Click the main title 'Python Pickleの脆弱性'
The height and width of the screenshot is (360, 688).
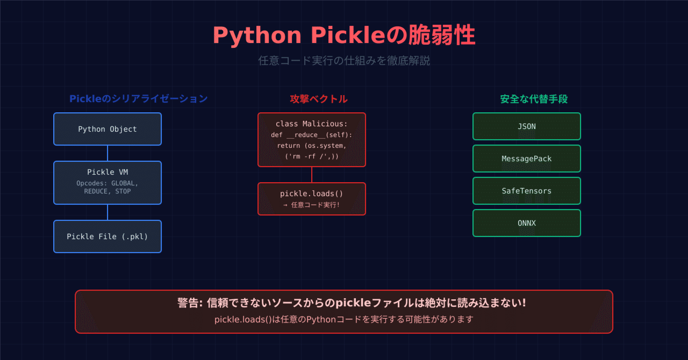point(344,36)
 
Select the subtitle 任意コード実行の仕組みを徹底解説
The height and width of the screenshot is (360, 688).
point(344,61)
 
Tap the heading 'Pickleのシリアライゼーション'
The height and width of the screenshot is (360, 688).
point(138,99)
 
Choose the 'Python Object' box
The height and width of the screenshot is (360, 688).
point(107,129)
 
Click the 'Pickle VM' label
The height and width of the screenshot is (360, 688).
point(107,172)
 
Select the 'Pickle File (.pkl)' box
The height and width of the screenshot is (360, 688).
point(107,236)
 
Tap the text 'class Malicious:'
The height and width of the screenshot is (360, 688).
point(312,124)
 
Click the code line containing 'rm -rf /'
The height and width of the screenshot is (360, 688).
point(312,156)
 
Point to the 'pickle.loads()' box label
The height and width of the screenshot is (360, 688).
point(312,193)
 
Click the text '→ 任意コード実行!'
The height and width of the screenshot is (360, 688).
point(312,205)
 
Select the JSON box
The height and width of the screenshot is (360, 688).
point(526,127)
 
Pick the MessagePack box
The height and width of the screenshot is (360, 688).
point(526,159)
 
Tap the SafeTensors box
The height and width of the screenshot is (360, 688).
point(526,191)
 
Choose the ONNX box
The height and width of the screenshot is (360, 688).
point(526,224)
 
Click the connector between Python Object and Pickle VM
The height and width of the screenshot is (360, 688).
point(107,153)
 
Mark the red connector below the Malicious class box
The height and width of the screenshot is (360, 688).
point(312,175)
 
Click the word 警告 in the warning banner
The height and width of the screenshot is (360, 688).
point(187,303)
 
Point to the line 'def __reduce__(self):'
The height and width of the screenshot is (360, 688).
point(312,135)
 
